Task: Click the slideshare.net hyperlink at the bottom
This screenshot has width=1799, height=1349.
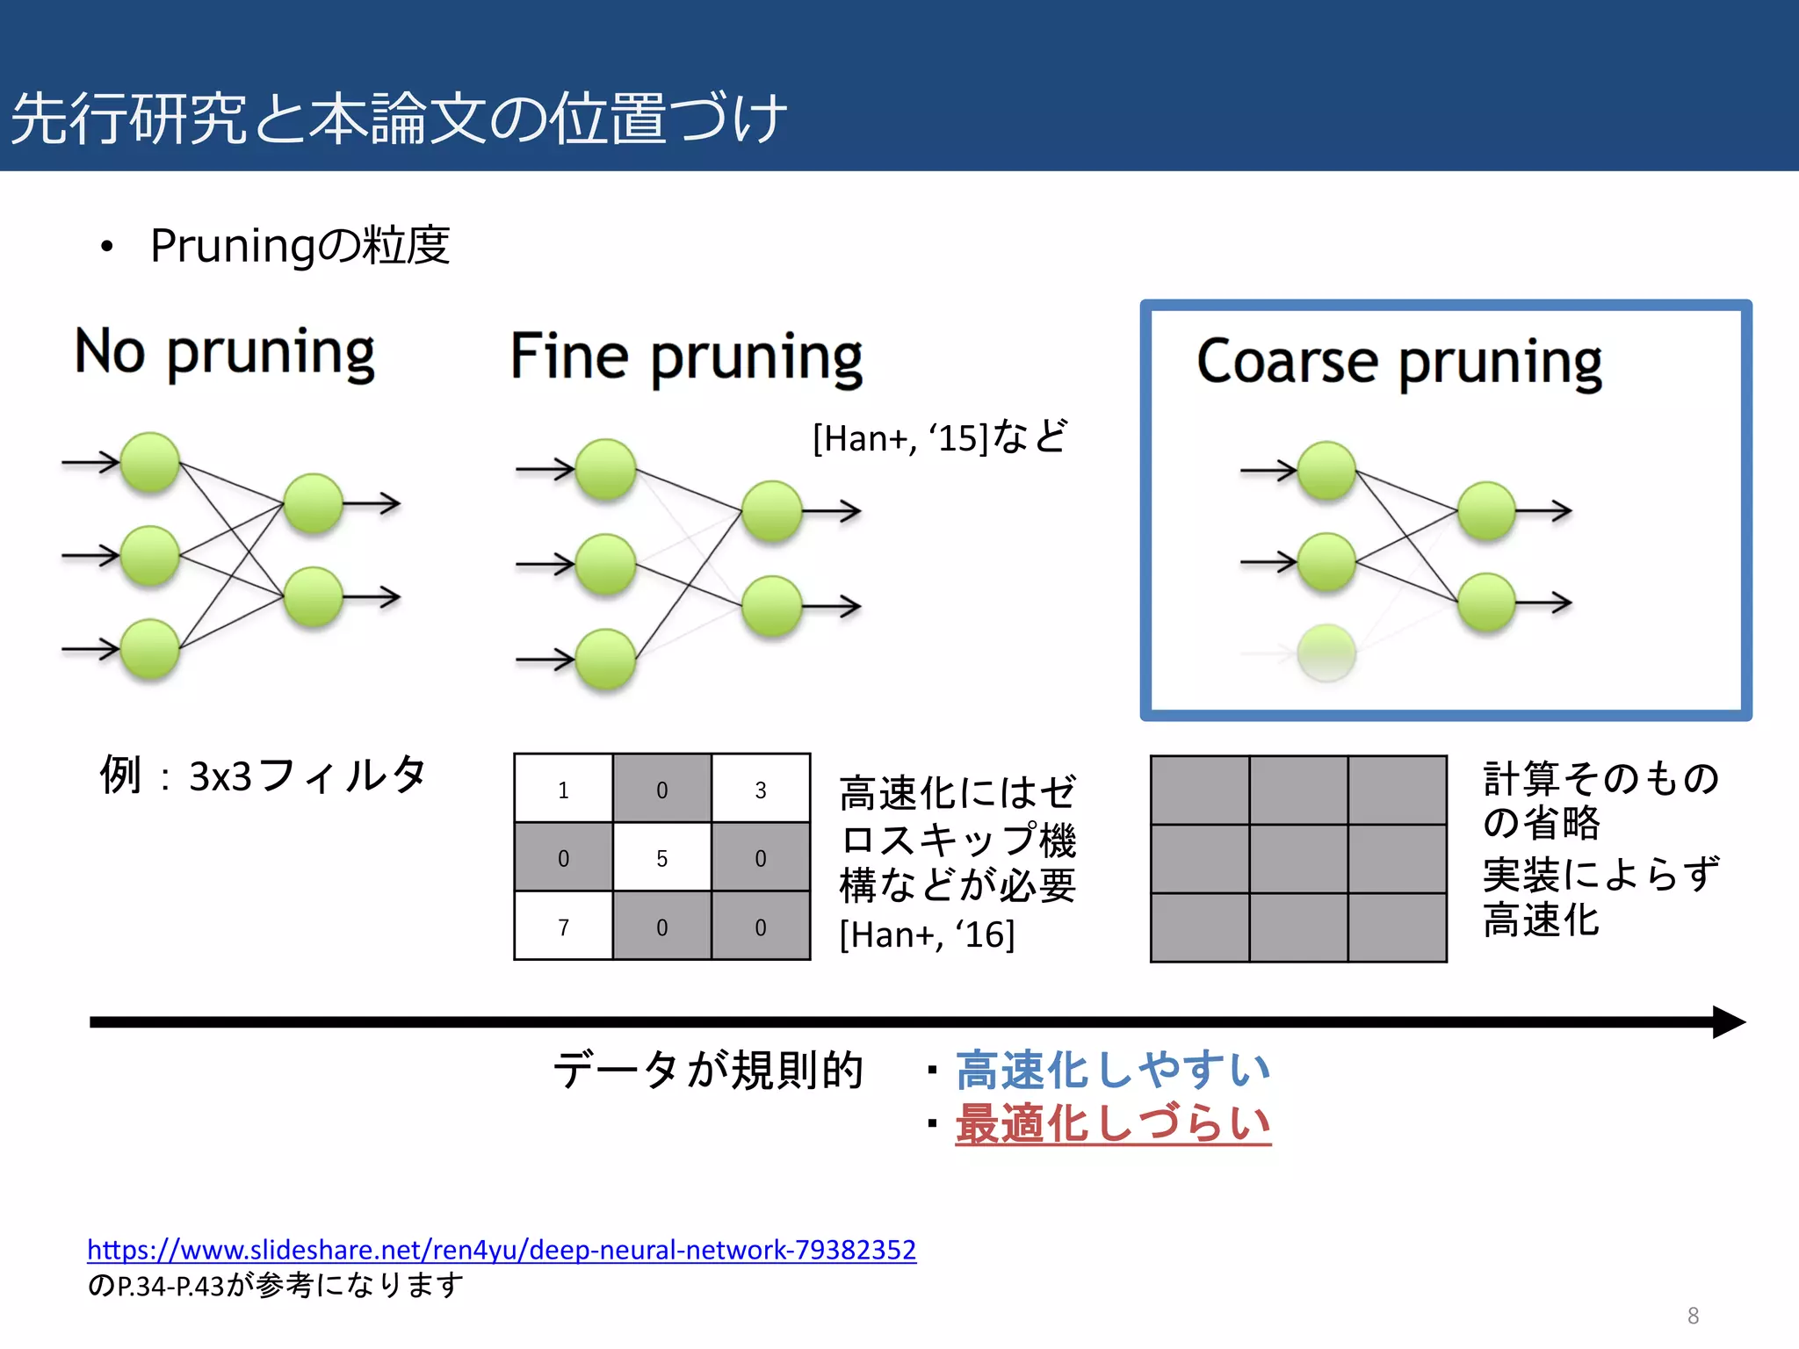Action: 501,1249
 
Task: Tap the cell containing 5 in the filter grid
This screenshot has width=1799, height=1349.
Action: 661,858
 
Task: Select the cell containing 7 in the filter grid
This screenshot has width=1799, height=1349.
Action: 563,927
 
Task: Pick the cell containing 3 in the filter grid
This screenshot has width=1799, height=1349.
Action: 761,790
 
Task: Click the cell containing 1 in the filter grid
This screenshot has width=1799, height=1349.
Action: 563,790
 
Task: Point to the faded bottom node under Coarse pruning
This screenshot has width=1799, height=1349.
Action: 1326,653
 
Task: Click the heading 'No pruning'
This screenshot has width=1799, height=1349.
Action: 225,353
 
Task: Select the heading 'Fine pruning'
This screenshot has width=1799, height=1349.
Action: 686,358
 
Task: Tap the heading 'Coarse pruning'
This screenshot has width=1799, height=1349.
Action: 1398,363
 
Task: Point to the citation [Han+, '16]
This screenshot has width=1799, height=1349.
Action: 927,934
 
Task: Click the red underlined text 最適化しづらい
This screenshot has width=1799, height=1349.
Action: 1112,1123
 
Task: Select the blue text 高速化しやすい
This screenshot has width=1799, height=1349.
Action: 1112,1070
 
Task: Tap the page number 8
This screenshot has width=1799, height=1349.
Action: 1693,1316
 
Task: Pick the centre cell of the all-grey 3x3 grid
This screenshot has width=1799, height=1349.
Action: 1298,859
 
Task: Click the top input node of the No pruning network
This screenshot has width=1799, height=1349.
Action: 150,461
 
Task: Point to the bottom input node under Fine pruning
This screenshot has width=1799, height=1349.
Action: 605,659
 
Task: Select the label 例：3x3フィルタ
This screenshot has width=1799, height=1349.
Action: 263,775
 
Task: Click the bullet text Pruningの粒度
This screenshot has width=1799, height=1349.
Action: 300,245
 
